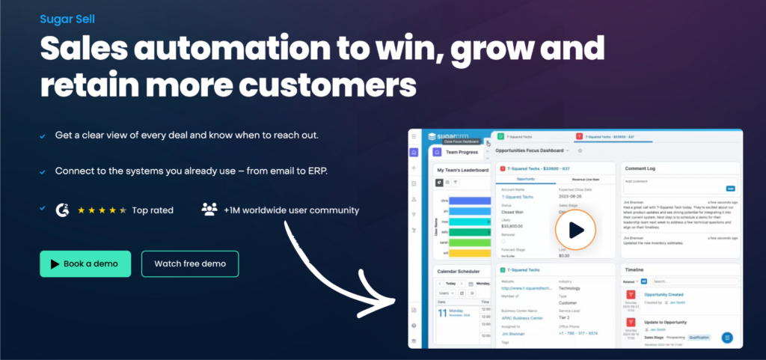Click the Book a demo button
pyautogui.click(x=85, y=263)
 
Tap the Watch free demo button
pyautogui.click(x=190, y=263)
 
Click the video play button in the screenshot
pyautogui.click(x=576, y=230)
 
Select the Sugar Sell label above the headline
pyautogui.click(x=67, y=17)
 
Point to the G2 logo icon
pyautogui.click(x=62, y=210)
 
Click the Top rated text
pyautogui.click(x=153, y=210)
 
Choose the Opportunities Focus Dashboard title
pyautogui.click(x=528, y=150)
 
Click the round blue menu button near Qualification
pyautogui.click(x=726, y=338)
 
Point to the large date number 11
pyautogui.click(x=442, y=314)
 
